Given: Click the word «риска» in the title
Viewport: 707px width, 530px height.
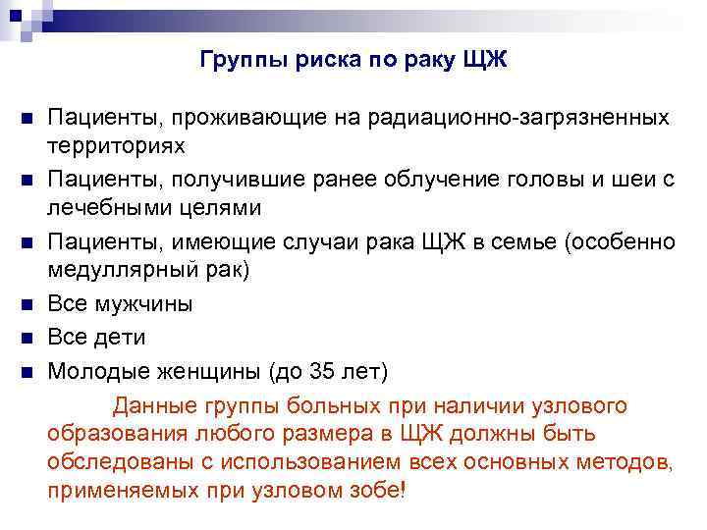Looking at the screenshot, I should pos(307,61).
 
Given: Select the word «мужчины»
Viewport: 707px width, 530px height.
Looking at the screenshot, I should pos(143,303).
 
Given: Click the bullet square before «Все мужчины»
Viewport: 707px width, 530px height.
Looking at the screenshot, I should pos(27,304).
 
